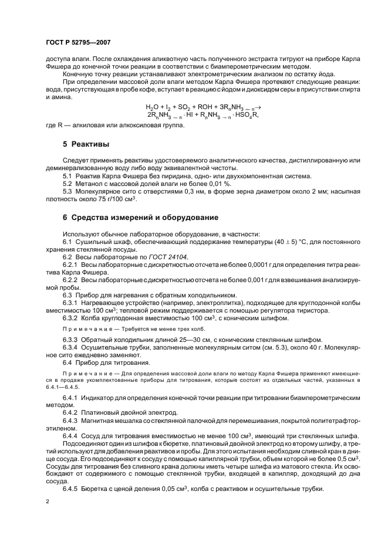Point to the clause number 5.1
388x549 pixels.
click(x=68, y=176)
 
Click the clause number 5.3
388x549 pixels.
click(x=68, y=191)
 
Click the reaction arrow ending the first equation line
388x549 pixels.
click(x=257, y=106)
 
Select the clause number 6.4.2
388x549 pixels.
click(x=72, y=412)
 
